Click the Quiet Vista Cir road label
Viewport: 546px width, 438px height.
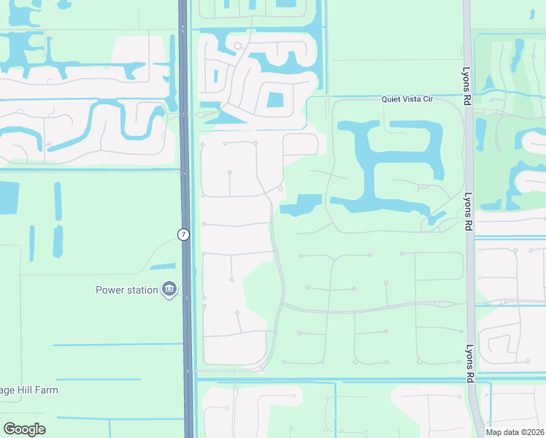pos(407,99)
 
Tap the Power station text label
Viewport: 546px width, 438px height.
pos(127,290)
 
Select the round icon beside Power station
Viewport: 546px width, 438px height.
pos(169,290)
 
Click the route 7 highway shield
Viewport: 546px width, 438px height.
pos(182,234)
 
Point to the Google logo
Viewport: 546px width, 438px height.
pos(24,429)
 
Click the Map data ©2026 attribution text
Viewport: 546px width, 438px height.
pos(514,432)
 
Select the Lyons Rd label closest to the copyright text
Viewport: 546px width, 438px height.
pos(467,363)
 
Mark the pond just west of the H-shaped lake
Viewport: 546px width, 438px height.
pos(302,204)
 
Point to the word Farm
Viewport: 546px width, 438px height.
pos(45,390)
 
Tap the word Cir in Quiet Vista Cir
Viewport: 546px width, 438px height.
pos(427,99)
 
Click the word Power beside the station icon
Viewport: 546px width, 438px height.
pos(110,290)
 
